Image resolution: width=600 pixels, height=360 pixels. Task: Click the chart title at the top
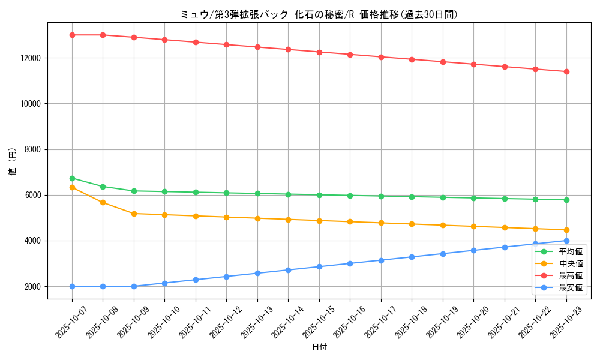click(x=319, y=14)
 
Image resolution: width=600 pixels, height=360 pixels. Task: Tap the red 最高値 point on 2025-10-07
click(x=72, y=35)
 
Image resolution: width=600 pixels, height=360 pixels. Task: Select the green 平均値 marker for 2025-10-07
click(x=72, y=178)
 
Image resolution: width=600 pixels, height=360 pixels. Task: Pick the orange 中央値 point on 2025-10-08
click(x=103, y=202)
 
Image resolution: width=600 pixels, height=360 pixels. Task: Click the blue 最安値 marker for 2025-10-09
click(x=134, y=286)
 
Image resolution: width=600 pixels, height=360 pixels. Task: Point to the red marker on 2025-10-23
click(x=566, y=71)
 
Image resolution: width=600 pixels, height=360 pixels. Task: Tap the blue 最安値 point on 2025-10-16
click(x=350, y=263)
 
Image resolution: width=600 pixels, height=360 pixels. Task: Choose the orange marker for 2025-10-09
click(x=134, y=214)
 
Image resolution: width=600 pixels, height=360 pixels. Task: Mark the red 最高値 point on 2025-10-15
click(x=319, y=52)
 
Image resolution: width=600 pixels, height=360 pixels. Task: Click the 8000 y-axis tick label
click(x=34, y=149)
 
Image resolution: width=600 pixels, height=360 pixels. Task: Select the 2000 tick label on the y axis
click(x=34, y=287)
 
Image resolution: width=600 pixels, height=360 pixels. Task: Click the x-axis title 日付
click(x=319, y=347)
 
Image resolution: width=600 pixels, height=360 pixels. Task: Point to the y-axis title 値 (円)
click(x=13, y=162)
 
